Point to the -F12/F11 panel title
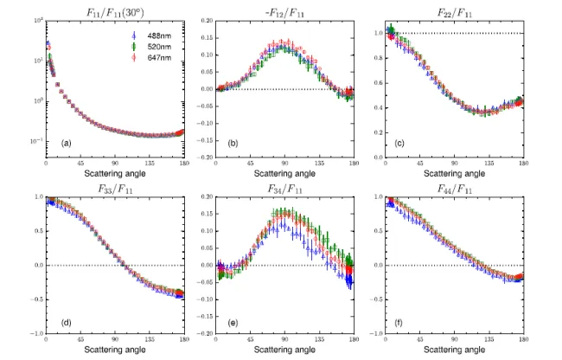click(x=284, y=8)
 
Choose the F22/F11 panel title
click(x=454, y=8)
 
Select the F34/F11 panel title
click(x=284, y=185)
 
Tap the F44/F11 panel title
click(x=454, y=185)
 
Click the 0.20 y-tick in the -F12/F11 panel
click(x=207, y=20)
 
